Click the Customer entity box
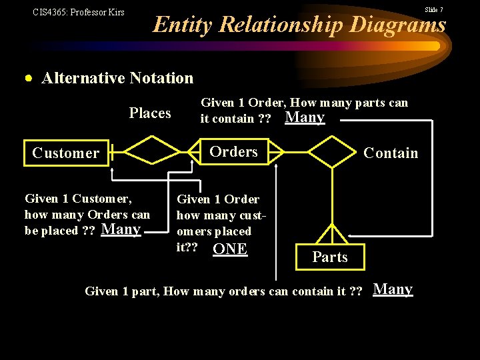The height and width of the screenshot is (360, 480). [x=66, y=153]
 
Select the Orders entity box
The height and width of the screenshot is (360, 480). [x=233, y=151]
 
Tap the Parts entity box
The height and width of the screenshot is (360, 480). [x=330, y=257]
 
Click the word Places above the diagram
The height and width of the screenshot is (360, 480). [x=150, y=113]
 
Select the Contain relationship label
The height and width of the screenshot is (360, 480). [x=391, y=153]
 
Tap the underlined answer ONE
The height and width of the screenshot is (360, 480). [x=229, y=249]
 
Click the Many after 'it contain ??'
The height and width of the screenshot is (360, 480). [x=305, y=118]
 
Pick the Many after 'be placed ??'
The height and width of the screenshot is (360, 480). [x=121, y=230]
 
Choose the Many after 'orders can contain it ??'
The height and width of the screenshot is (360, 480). [x=393, y=289]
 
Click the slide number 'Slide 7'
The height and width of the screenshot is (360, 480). [x=434, y=9]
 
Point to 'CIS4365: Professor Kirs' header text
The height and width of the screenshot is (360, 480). [x=78, y=12]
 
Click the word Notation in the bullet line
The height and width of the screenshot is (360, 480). [x=163, y=78]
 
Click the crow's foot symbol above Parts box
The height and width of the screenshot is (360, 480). [x=331, y=233]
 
